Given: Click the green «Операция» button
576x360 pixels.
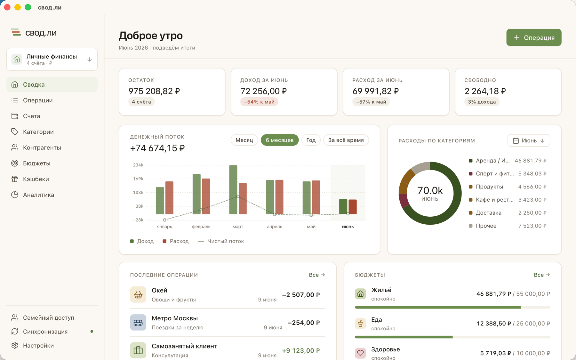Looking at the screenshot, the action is (534, 37).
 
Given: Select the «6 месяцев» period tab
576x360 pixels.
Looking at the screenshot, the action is (280, 140).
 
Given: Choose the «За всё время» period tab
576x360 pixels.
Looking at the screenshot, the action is (346, 140).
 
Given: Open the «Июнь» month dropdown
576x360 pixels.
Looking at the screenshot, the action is (529, 140).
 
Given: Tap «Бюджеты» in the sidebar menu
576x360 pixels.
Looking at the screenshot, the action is (36, 163).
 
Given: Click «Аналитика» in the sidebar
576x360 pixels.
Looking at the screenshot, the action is (38, 195).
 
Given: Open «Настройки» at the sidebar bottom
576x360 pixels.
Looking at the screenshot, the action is (38, 346).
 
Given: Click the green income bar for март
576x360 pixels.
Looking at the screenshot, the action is (233, 189).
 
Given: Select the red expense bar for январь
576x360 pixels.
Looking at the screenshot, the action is (169, 198).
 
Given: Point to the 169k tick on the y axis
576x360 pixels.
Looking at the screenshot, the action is (138, 179).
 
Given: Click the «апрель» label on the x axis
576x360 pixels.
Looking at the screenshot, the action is (275, 227).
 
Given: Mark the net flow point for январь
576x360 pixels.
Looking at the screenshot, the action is (164, 220).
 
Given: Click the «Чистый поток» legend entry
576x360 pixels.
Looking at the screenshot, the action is (221, 241).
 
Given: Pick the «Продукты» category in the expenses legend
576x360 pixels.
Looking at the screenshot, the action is (489, 187).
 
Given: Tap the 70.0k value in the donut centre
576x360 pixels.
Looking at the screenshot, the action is (430, 190).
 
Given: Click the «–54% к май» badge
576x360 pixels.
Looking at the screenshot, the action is (259, 102).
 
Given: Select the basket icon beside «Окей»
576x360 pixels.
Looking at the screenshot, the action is (138, 294).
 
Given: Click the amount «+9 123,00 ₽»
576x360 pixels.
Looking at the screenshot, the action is (301, 350).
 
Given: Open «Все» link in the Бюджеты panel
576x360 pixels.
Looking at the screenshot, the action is (542, 275).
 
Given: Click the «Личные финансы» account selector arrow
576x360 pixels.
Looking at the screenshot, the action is (90, 60).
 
